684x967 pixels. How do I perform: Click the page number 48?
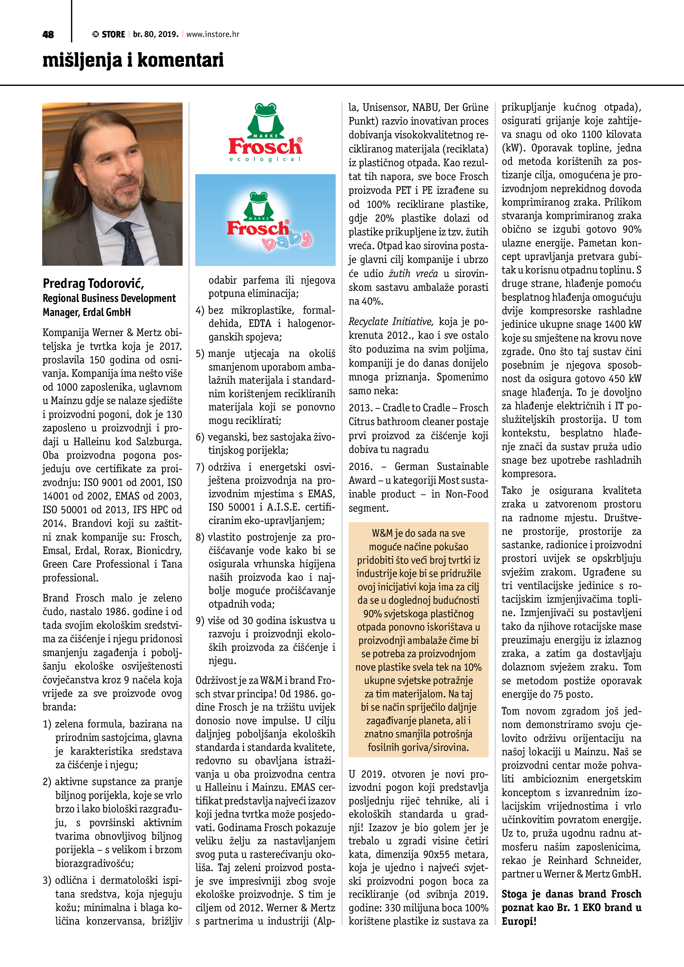pos(48,34)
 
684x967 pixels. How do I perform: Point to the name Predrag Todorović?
pos(93,283)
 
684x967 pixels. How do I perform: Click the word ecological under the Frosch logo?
pos(265,159)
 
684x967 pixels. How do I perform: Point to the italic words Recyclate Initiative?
pos(391,322)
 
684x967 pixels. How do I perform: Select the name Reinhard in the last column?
pos(567,860)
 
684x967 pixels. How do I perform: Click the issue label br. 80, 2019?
pos(156,34)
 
